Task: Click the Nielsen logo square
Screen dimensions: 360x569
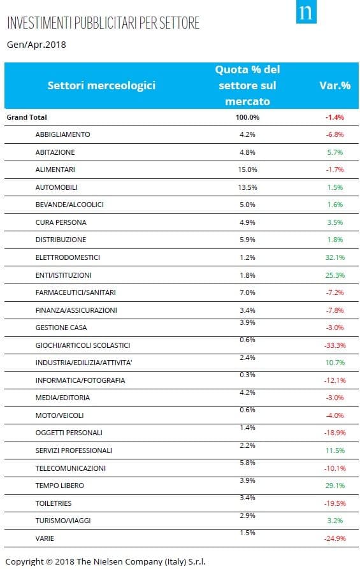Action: [x=306, y=11]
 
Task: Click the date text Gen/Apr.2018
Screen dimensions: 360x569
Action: [x=36, y=45]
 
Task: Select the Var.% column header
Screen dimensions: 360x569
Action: [x=335, y=85]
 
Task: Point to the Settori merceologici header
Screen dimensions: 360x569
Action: [x=101, y=85]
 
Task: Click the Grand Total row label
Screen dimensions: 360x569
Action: [x=27, y=117]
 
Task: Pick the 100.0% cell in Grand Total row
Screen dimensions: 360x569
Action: [x=247, y=117]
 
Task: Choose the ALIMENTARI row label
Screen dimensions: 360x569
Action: [x=55, y=169]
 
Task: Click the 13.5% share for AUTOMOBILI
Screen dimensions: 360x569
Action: [x=247, y=187]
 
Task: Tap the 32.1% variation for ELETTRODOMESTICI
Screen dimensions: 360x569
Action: [x=335, y=257]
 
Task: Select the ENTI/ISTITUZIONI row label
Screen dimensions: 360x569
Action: [x=64, y=275]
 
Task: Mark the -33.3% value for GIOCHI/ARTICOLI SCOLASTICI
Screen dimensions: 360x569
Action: [x=335, y=345]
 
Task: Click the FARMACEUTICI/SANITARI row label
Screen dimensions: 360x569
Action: [x=75, y=292]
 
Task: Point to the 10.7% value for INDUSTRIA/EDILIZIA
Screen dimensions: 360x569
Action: [x=335, y=363]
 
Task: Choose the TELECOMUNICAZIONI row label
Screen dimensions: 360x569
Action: [x=70, y=468]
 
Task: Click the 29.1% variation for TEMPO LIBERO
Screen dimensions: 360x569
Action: [x=335, y=486]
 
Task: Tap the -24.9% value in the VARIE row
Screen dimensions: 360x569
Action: [x=335, y=538]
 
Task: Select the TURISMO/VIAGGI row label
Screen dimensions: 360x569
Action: [x=63, y=521]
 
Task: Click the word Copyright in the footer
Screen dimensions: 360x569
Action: [x=25, y=561]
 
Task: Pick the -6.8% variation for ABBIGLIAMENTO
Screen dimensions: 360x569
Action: [x=335, y=134]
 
